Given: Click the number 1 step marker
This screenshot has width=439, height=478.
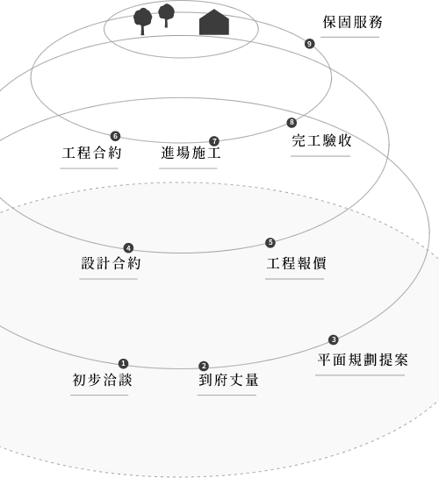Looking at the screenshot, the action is tap(123, 363).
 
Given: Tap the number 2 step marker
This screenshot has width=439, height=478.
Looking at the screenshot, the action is tap(204, 366).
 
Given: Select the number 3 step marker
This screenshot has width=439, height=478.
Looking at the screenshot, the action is tap(334, 339).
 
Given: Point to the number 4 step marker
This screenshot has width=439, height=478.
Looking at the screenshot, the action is tap(128, 248).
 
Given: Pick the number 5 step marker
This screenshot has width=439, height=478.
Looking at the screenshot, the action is tap(270, 243).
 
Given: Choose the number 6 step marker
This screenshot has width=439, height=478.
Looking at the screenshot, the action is tap(115, 136).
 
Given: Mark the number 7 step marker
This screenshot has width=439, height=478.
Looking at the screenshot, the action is tap(214, 141).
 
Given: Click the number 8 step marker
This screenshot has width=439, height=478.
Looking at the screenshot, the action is tap(291, 122).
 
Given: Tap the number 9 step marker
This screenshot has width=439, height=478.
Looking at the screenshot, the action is tap(310, 44).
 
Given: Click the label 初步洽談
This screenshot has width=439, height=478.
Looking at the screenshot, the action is tap(102, 380).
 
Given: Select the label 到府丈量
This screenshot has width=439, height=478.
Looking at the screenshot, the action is tap(228, 380).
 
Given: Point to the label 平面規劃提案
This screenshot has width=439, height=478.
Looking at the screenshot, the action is tap(363, 360).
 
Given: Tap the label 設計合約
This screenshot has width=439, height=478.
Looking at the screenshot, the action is tap(111, 263).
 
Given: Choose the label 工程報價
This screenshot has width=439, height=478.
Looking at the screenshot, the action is tap(297, 263).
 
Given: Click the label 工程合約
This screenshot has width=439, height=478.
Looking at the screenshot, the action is tap(92, 153).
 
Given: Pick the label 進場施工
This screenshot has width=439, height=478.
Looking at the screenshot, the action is tap(191, 153).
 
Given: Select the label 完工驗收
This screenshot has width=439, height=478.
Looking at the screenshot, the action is tap(322, 140).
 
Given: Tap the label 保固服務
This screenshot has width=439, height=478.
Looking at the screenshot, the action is tap(353, 22).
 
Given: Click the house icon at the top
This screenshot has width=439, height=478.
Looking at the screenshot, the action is tap(214, 22).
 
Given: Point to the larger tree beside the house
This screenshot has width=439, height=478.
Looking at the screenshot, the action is tap(142, 21).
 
